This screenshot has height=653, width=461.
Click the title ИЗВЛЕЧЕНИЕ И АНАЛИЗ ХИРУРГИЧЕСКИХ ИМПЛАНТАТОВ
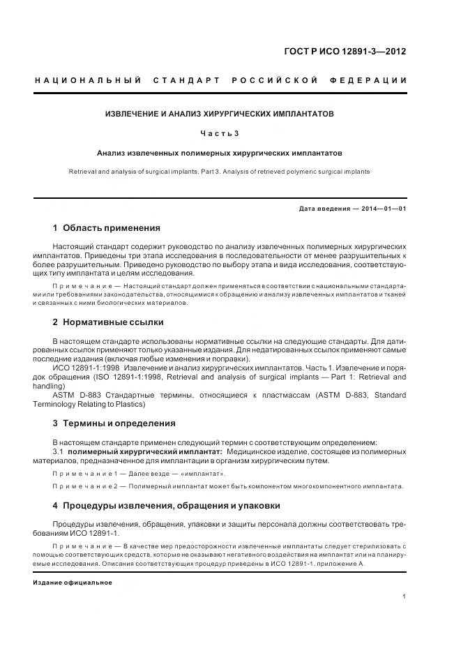click(220, 112)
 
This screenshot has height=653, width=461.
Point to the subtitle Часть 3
click(220, 133)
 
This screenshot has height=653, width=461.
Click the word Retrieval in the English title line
click(84, 171)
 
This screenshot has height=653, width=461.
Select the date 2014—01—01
click(384, 209)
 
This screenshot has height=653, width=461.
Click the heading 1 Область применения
click(107, 227)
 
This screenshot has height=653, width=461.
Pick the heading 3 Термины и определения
click(114, 423)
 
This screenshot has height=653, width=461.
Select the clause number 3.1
click(59, 452)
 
